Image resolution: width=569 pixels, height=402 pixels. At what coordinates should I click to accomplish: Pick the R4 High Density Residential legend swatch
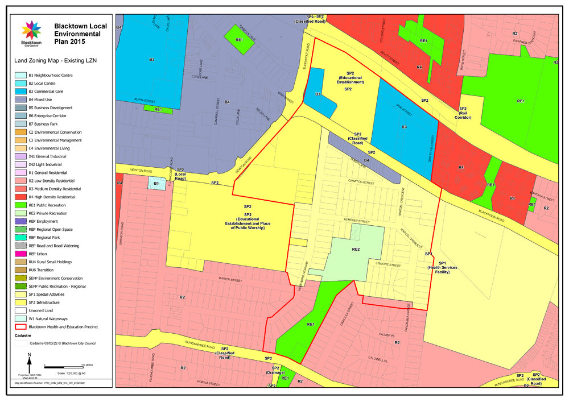20,197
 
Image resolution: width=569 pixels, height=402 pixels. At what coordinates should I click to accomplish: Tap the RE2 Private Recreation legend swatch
20,213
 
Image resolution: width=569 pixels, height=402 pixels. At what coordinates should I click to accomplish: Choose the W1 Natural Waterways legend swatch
20,318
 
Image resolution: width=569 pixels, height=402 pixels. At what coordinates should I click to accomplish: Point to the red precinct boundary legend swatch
20,327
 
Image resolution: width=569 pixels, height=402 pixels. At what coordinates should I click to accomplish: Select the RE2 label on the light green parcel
356,250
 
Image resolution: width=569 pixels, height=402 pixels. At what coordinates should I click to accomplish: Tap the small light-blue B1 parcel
156,183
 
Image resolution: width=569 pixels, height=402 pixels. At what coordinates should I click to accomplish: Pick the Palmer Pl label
386,335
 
